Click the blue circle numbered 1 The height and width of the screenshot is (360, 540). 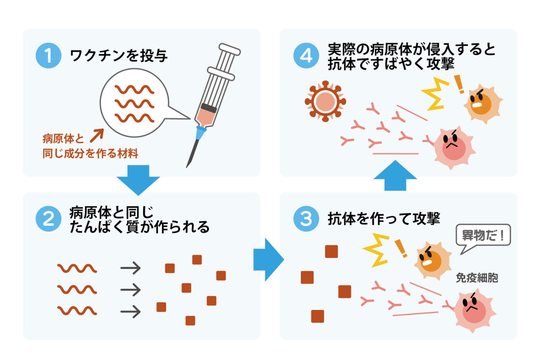click(x=49, y=55)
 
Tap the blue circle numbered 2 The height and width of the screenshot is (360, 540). click(x=49, y=219)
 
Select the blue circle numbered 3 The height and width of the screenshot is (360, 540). click(x=306, y=219)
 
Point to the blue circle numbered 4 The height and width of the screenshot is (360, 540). click(x=306, y=55)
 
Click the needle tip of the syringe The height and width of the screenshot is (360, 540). click(x=186, y=167)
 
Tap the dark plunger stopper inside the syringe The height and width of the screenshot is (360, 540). click(x=208, y=108)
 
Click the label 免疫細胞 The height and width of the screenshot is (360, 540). click(x=477, y=278)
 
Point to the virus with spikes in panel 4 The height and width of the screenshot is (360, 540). click(x=325, y=101)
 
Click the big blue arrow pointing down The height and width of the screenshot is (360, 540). click(x=138, y=180)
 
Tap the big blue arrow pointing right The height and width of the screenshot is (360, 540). click(x=269, y=260)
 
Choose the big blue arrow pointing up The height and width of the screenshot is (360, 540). click(x=395, y=176)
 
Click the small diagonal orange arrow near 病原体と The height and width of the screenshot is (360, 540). click(x=97, y=135)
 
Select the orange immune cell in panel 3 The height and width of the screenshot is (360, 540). click(x=433, y=261)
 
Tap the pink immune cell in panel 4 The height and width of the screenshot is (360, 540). click(x=453, y=148)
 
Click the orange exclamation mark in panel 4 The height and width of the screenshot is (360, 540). click(x=459, y=84)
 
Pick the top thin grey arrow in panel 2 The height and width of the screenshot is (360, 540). click(x=130, y=268)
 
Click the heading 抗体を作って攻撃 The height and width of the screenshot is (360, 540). click(x=384, y=219)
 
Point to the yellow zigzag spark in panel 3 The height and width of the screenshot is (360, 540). click(x=376, y=250)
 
